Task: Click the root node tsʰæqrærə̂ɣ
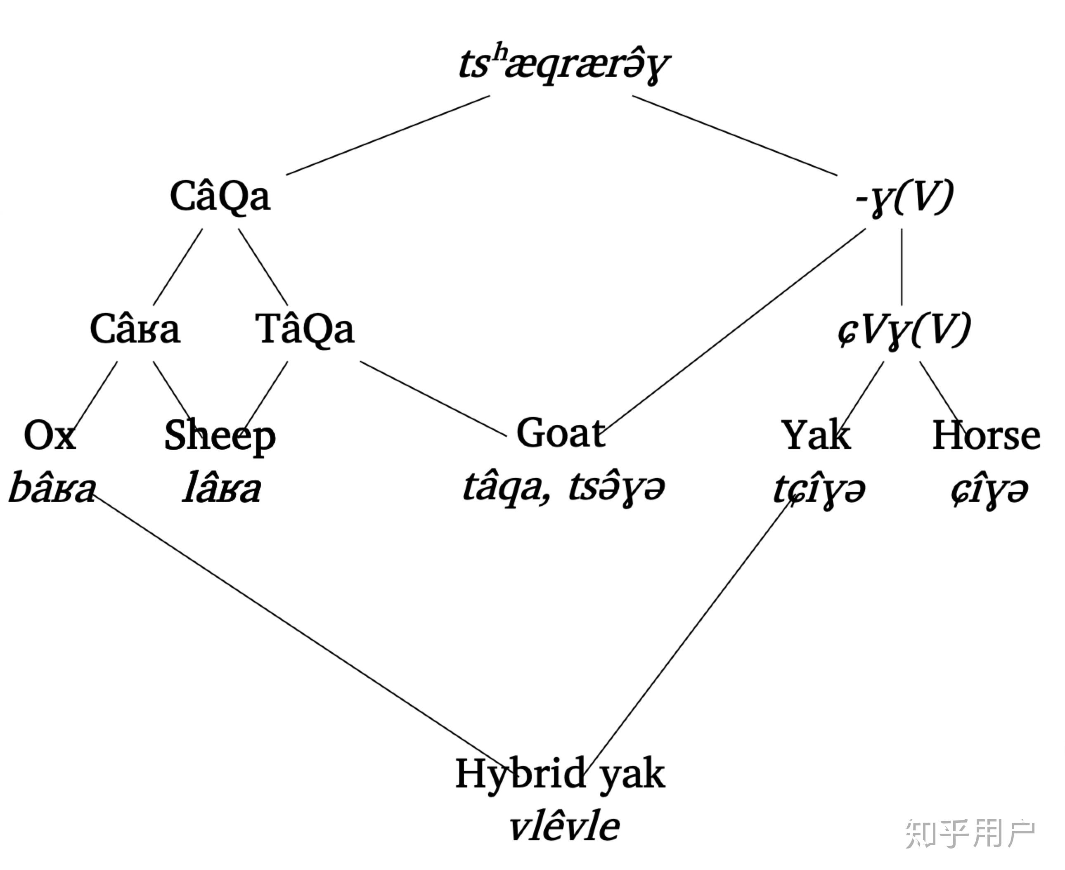pos(564,66)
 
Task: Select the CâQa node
pos(220,197)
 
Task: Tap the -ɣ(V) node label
pos(904,198)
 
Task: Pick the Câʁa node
pos(134,329)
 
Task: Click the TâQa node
pos(305,329)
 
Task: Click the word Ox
pos(50,435)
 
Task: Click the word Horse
pos(986,435)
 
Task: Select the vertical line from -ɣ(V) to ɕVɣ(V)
pos(902,267)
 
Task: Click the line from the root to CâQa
pos(388,135)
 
